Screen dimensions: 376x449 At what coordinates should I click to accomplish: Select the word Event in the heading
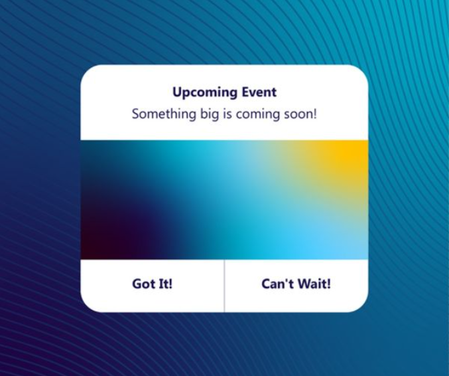tap(259, 92)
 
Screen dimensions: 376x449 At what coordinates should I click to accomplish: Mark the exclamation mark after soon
tap(315, 114)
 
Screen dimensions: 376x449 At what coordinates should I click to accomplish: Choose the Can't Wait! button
tap(296, 284)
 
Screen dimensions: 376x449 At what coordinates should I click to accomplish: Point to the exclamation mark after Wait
tap(328, 284)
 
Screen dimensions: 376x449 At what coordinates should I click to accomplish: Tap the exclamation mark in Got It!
tap(170, 284)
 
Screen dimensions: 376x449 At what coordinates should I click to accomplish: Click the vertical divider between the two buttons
tap(225, 286)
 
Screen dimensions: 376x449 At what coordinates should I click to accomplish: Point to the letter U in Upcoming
tap(177, 92)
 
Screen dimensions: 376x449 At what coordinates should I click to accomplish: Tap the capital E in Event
tap(245, 92)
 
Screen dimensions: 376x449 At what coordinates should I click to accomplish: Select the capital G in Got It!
tap(137, 284)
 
